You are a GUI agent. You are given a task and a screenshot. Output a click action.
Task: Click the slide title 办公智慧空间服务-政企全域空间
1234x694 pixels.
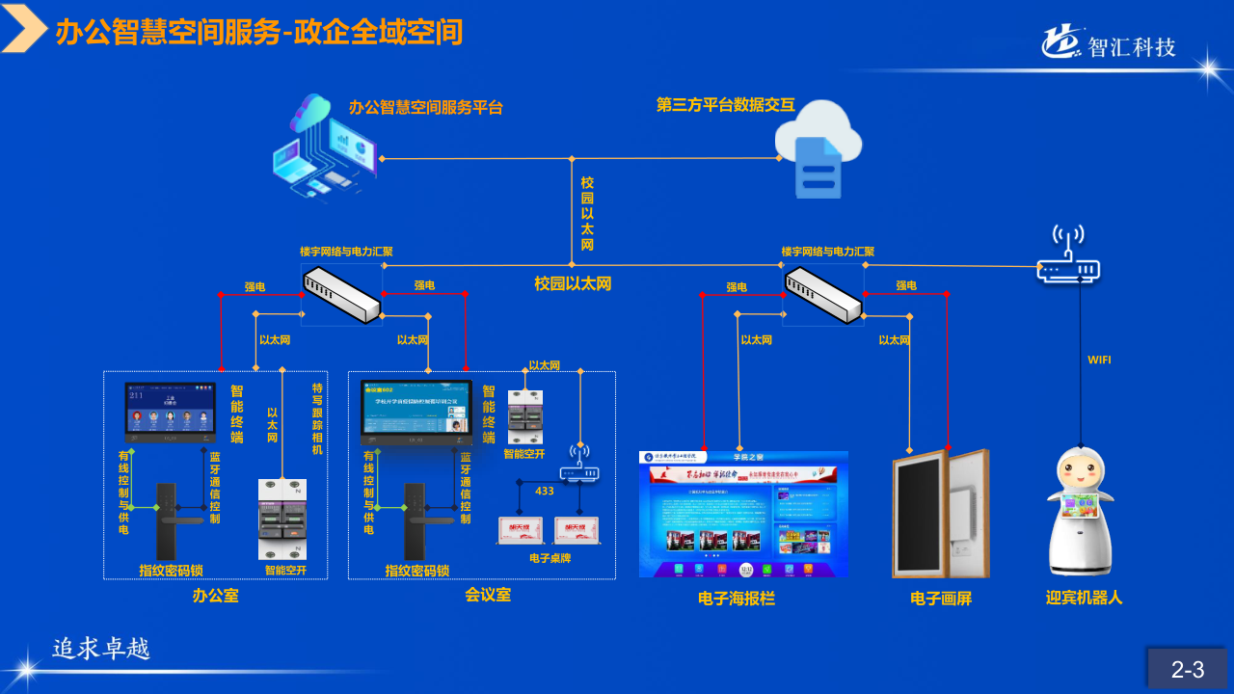click(x=259, y=33)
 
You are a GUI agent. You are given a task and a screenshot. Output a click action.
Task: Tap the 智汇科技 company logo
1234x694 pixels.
click(x=1109, y=43)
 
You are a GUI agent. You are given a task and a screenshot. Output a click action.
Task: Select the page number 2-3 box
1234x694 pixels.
click(x=1188, y=669)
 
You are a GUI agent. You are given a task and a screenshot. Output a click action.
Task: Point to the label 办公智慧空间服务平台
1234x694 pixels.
click(x=426, y=107)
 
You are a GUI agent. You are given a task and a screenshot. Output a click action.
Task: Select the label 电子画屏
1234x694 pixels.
click(x=941, y=599)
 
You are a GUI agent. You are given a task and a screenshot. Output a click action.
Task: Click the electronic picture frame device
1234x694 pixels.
click(x=940, y=514)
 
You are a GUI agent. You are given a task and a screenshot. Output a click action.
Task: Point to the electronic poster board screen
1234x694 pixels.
click(x=743, y=514)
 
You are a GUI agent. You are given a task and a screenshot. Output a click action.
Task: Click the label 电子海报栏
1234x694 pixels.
click(x=737, y=599)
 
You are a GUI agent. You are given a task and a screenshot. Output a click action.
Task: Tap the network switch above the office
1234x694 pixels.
click(x=341, y=295)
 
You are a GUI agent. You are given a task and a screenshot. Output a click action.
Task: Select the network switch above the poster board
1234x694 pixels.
click(x=823, y=295)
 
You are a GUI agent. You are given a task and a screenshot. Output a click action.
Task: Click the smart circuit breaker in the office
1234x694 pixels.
click(x=282, y=519)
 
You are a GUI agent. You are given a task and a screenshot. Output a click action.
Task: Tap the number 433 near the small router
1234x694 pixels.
click(x=545, y=492)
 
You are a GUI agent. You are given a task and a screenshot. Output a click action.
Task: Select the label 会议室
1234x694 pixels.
click(x=488, y=595)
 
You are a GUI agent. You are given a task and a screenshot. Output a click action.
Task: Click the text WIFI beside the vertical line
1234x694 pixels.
click(x=1100, y=360)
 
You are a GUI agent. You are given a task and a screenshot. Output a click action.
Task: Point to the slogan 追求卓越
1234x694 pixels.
click(x=101, y=649)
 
